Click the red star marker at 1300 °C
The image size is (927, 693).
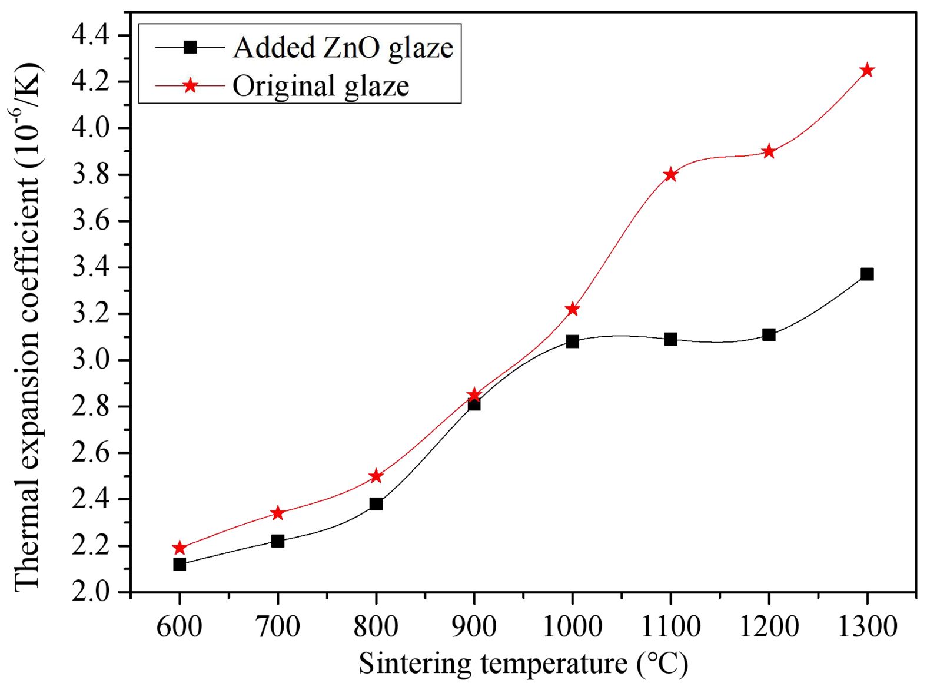pos(866,71)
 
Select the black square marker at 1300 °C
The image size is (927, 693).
pos(866,274)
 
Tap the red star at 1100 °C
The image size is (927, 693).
pos(670,174)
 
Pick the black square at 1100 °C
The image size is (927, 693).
pos(670,339)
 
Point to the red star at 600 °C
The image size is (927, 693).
pos(180,548)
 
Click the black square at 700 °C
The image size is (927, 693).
pos(278,541)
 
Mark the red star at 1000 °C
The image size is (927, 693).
pos(572,309)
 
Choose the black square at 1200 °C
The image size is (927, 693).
pos(768,334)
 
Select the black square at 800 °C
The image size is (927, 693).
pos(376,503)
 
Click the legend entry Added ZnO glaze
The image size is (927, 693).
pos(343,48)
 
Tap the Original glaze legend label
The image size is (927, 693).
pos(321,86)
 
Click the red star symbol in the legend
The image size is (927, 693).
pos(190,86)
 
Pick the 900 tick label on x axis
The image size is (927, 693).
pos(474,626)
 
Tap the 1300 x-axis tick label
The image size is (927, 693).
pos(866,626)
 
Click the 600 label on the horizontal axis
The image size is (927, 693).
pos(180,626)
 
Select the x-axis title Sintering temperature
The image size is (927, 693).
pos(523,664)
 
